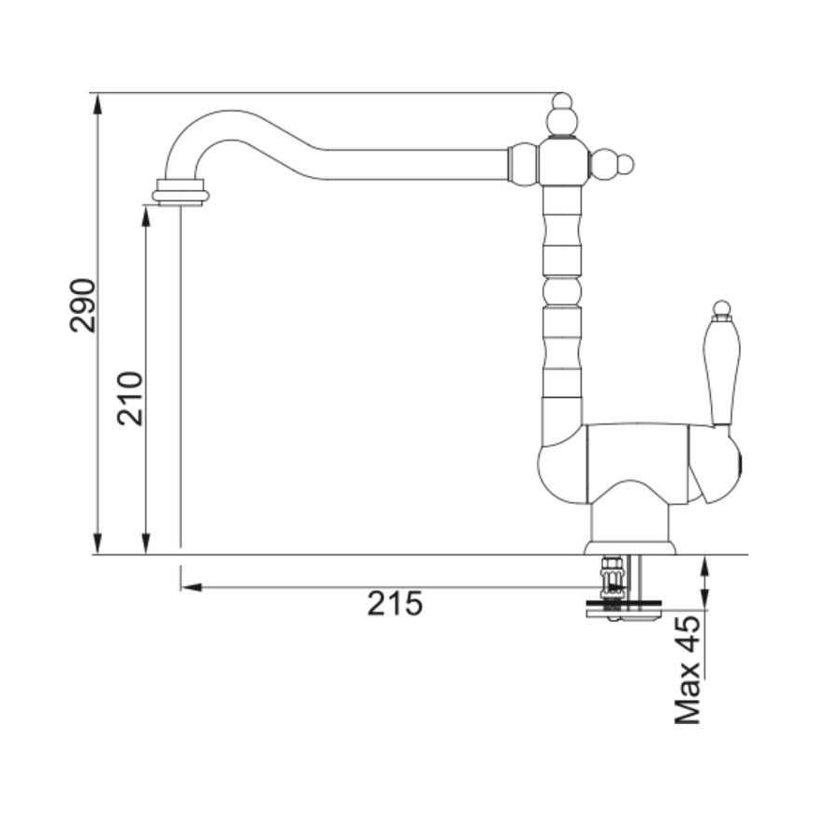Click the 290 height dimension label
82,305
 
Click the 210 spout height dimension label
129,399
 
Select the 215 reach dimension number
395,603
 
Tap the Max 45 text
688,670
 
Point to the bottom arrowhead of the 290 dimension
97,543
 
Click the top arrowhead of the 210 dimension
146,215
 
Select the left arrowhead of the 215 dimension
191,587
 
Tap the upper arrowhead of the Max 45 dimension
704,566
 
